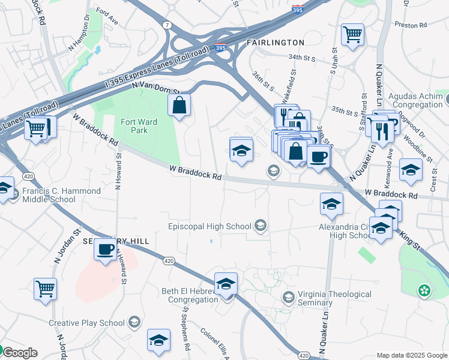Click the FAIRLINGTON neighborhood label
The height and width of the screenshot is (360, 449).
click(x=276, y=43)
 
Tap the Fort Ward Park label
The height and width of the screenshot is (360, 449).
click(x=139, y=126)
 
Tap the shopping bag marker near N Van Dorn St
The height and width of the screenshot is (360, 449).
click(x=179, y=106)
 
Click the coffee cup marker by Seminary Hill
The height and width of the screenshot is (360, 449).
click(x=106, y=248)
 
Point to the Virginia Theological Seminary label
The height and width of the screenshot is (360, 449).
click(x=335, y=298)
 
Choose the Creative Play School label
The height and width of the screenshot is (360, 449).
click(x=87, y=323)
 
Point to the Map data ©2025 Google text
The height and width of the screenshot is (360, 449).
click(x=411, y=355)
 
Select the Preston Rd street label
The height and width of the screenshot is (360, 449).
click(x=410, y=25)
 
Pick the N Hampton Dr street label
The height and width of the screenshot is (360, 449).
click(x=79, y=40)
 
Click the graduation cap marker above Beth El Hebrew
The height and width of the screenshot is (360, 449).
click(x=226, y=283)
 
